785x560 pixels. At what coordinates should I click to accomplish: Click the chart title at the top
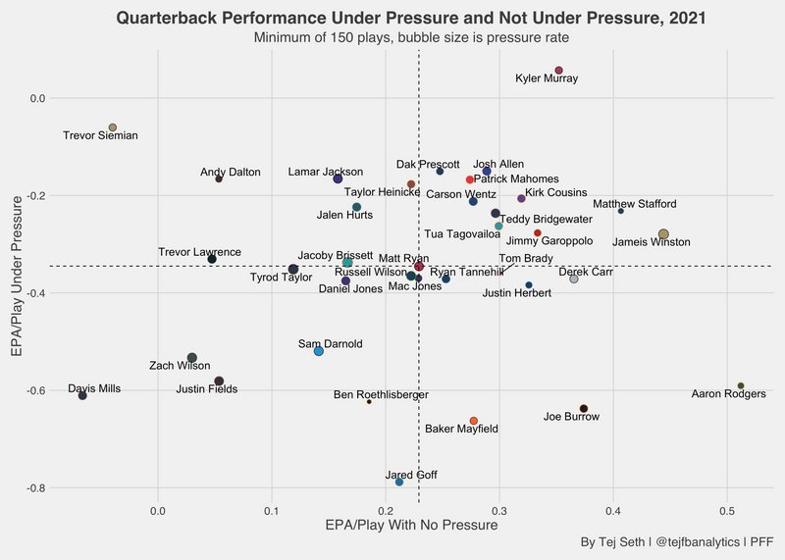point(411,18)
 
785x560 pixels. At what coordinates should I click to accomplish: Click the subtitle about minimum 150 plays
point(411,37)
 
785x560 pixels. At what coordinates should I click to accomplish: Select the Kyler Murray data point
point(558,71)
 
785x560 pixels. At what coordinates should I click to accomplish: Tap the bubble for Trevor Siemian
point(113,127)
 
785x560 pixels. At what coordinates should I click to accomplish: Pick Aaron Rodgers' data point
point(741,385)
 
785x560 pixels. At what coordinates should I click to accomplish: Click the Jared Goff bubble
point(399,482)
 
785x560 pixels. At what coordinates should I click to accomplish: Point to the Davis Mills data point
point(82,395)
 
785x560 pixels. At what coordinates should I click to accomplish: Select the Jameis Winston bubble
point(663,234)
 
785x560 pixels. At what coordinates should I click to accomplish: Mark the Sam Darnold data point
point(319,350)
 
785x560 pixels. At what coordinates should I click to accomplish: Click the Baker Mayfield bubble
point(474,421)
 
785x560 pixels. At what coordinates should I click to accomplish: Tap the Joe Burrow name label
point(571,417)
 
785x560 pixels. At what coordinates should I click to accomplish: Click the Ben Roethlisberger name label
point(382,395)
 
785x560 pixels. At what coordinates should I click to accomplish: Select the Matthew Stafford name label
point(635,204)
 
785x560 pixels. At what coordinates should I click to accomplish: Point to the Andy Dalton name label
point(231,173)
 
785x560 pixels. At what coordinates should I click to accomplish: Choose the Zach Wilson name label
point(180,366)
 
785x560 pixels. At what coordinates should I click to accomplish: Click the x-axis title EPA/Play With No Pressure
point(411,527)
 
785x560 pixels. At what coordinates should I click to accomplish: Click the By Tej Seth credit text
point(676,542)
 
